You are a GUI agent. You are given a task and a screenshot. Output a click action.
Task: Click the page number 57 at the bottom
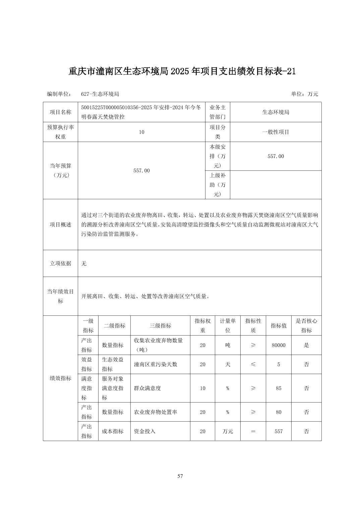pos(180,476)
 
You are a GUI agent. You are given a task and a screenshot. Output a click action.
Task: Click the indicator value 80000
pos(279,345)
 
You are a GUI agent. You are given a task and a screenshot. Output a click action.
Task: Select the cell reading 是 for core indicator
pos(306,345)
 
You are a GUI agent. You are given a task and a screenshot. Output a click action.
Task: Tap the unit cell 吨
pos(228,345)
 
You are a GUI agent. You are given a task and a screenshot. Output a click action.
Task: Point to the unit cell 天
pos(228,364)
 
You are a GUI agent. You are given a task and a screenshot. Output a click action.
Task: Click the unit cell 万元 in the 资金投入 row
pos(228,431)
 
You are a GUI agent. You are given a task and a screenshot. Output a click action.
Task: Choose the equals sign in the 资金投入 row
pos(253,431)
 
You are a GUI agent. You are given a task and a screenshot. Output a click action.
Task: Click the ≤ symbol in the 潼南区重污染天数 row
pos(253,364)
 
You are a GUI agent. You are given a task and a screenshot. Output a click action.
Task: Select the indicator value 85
pos(279,388)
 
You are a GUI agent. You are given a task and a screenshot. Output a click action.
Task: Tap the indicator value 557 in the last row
pos(279,431)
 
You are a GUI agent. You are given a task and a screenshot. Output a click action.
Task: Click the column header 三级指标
pos(160,325)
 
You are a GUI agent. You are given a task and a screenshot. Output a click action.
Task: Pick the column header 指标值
pos(279,325)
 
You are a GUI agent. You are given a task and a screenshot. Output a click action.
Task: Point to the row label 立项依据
pos(61,264)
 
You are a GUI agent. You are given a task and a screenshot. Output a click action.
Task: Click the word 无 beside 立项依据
pos(84,264)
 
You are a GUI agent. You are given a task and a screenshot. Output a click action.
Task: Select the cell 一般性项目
pos(276,132)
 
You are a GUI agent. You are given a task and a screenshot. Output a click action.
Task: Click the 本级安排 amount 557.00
pos(276,156)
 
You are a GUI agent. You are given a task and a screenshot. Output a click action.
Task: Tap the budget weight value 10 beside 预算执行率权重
pos(141,132)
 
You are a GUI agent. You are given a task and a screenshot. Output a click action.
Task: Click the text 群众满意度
pos(147,388)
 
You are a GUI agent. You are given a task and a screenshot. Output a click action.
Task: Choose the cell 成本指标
pos(113,431)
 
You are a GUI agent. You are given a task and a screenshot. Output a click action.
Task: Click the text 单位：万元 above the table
pos(304,94)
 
